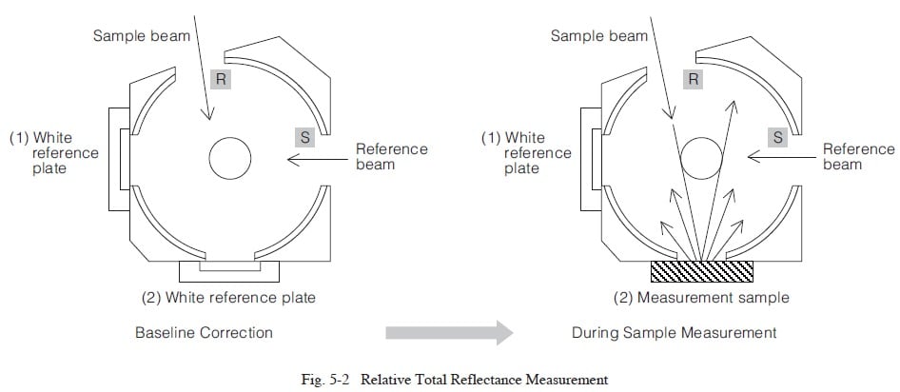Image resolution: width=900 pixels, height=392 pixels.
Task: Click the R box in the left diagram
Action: click(x=222, y=80)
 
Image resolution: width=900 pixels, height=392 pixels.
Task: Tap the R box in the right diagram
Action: click(x=694, y=80)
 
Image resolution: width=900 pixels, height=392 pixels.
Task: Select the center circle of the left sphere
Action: click(x=230, y=157)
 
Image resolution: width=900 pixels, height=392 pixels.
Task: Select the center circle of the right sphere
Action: click(x=702, y=157)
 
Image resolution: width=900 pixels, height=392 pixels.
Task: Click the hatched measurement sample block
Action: click(x=702, y=271)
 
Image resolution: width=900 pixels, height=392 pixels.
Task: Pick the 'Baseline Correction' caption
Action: click(x=204, y=333)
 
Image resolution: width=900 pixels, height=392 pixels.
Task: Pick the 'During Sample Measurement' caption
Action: click(x=674, y=333)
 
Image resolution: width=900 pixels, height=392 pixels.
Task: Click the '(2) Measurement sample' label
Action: click(x=702, y=298)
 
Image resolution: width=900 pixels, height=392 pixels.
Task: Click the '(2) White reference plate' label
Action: click(x=228, y=298)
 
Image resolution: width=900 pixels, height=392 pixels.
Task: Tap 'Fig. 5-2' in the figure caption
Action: click(x=326, y=380)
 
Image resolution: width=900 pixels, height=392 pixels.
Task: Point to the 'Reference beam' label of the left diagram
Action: click(x=391, y=157)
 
